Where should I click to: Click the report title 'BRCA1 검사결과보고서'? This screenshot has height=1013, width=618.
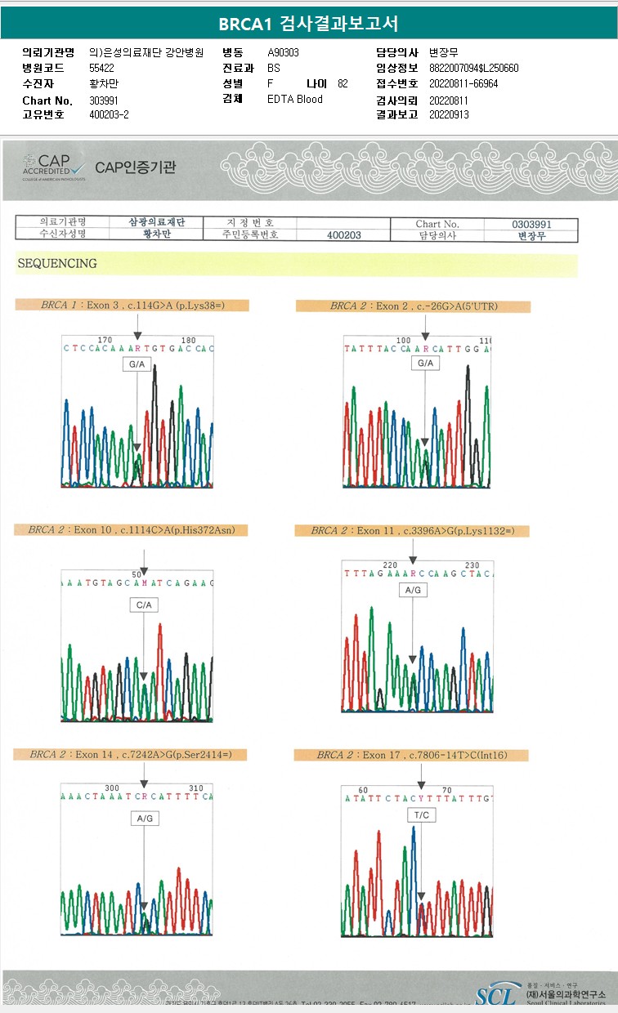pos(308,24)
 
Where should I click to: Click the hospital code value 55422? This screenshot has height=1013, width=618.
pos(102,68)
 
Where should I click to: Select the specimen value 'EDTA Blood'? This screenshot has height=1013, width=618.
pos(295,99)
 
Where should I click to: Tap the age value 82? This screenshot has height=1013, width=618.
pos(343,83)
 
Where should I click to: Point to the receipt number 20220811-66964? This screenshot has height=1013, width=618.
pos(463,83)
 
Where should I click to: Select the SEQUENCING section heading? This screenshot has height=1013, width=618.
pos(56,264)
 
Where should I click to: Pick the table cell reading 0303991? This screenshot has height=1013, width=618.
pos(531,224)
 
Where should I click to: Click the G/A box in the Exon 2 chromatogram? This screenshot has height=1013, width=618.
pos(425,363)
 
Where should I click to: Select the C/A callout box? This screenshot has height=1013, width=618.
pos(144,605)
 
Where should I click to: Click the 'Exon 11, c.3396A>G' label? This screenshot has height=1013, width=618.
pos(412,531)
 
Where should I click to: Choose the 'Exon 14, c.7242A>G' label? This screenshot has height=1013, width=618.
pos(131,755)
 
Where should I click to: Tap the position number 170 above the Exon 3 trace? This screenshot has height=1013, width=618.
pos(105,340)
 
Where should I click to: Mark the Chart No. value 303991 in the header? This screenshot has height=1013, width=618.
pos(103,100)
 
